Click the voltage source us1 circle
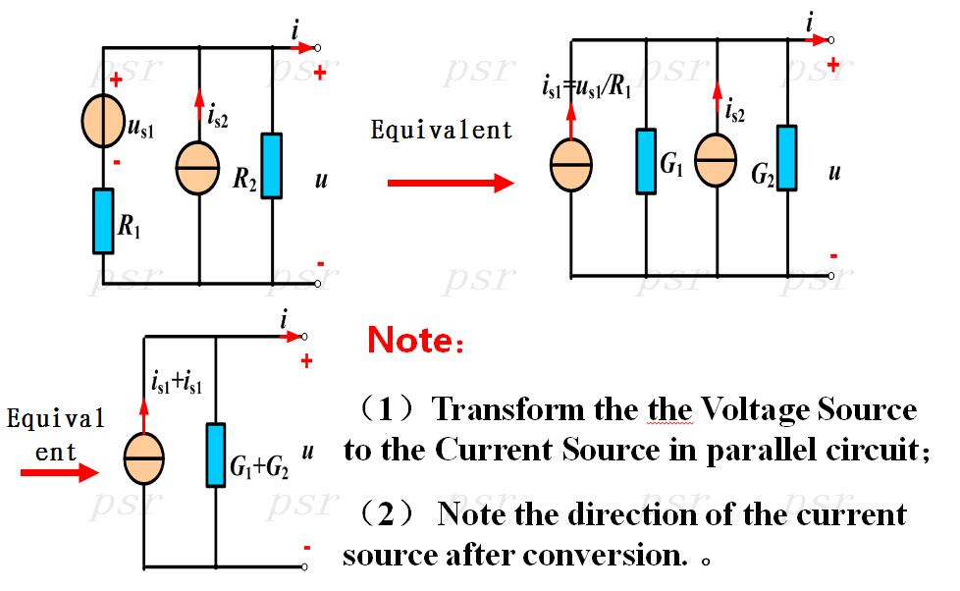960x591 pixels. coord(103,122)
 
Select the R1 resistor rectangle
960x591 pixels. coord(103,221)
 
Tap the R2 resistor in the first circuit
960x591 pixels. coord(272,165)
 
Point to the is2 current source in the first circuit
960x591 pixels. coord(197,168)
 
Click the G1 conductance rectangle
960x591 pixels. coord(646,161)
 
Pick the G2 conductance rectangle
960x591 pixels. coord(787,158)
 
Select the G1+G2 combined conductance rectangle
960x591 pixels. coord(216,456)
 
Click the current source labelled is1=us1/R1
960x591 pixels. coord(571,165)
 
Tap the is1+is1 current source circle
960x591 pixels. coord(144,458)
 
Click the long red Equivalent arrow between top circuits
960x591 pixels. coord(452,183)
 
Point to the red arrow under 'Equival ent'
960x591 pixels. coord(60,472)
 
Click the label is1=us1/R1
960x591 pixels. coord(586,87)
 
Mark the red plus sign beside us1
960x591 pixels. coord(117,80)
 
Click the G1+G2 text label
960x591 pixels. coord(258,467)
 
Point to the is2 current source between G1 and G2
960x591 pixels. coord(716,160)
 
